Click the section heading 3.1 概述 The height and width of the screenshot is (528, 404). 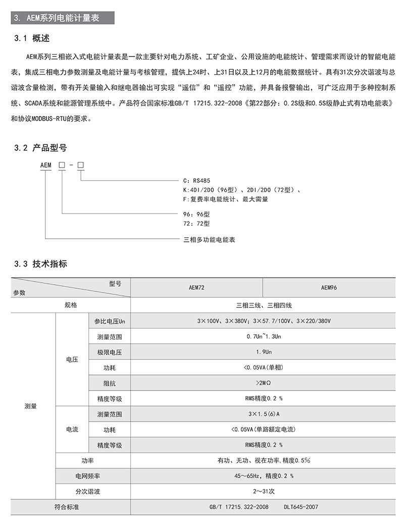[34, 38]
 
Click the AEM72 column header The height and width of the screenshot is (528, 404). [196, 287]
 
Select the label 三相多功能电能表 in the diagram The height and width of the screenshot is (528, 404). [209, 240]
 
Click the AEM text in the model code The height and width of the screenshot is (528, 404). [46, 165]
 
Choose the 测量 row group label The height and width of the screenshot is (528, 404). [31, 406]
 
